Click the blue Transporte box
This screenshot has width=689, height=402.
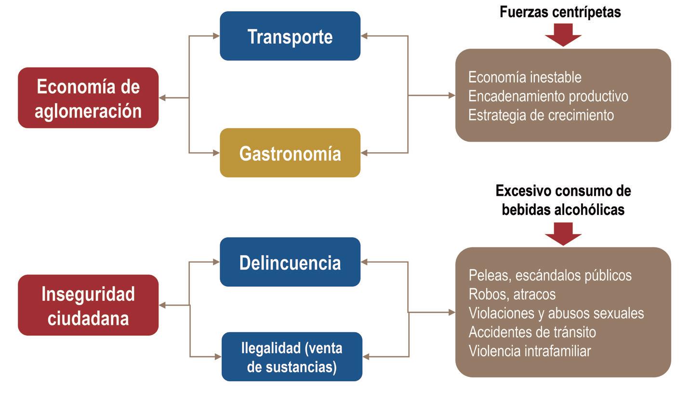pos(290,36)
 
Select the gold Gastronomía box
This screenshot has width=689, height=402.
pos(290,153)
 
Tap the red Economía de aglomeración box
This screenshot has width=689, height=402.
pos(88,98)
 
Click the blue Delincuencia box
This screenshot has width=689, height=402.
pos(290,262)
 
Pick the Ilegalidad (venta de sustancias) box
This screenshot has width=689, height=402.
pos(291,357)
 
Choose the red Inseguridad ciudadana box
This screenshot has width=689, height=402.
pos(88,305)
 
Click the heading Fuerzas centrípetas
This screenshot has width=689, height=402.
pos(560,12)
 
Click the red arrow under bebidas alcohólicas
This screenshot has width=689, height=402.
pos(563,234)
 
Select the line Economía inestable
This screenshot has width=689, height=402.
pos(525,77)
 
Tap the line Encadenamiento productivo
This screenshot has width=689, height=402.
pos(548,96)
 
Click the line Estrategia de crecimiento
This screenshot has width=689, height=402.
pos(541,115)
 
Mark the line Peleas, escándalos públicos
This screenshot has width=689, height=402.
pos(550,275)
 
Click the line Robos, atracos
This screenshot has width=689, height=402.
pos(512,294)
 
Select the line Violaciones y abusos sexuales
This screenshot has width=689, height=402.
pos(556,313)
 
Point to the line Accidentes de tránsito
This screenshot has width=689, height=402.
pos(532,332)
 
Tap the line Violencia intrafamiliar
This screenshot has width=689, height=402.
pos(530,351)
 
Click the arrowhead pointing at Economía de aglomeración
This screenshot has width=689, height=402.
pos(162,98)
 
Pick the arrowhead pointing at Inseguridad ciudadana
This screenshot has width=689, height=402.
pos(162,305)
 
